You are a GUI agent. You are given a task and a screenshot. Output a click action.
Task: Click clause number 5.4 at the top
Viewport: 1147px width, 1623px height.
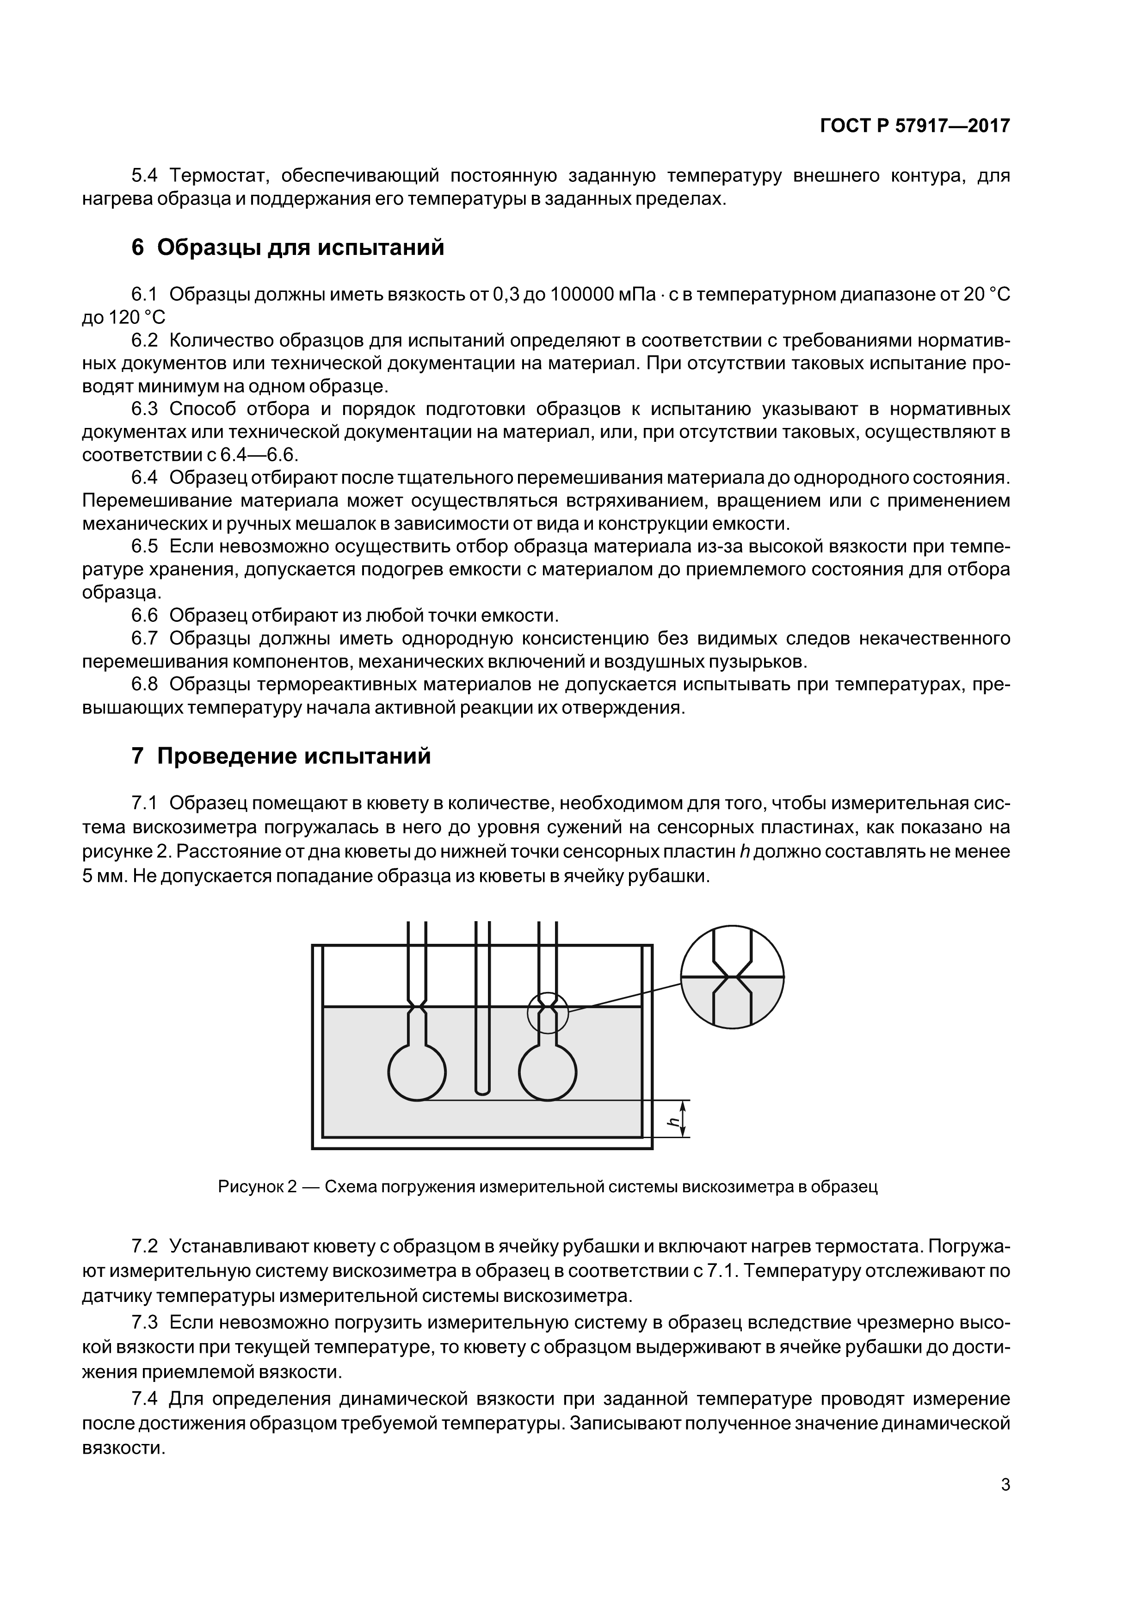tap(146, 175)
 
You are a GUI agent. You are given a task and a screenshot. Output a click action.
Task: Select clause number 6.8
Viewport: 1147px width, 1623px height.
tap(146, 684)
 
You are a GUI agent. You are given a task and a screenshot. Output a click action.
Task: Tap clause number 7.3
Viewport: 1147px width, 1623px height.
tap(146, 1321)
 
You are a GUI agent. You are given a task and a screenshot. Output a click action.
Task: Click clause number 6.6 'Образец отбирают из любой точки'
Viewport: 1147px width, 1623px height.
tap(146, 615)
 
